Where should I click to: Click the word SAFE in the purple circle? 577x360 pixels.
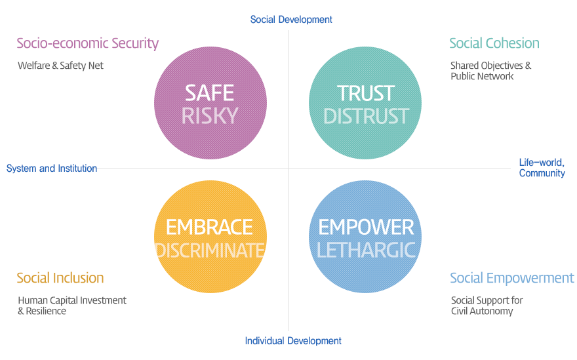click(209, 93)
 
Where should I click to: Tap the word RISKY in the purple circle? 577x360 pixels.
click(210, 116)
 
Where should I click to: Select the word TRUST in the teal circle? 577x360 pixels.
click(366, 94)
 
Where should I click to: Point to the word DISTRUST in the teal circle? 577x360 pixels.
click(366, 116)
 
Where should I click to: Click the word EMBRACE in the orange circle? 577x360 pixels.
click(209, 227)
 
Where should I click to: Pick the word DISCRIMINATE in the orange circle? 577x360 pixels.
click(210, 250)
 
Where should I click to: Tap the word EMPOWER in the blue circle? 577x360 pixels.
click(366, 227)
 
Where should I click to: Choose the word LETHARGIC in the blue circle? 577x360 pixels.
click(366, 250)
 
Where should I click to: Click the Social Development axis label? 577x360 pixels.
click(291, 20)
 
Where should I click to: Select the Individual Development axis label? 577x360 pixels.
click(293, 341)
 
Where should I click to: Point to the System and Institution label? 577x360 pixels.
click(52, 169)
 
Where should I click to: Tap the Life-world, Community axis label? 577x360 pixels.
click(542, 168)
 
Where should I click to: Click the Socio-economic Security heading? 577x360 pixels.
click(88, 43)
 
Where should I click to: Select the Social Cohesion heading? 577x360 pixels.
click(494, 43)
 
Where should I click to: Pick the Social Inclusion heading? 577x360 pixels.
click(60, 278)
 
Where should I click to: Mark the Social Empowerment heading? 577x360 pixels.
click(512, 278)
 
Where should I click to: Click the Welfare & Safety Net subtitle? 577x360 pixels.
click(61, 66)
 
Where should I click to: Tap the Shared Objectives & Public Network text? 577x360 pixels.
click(491, 71)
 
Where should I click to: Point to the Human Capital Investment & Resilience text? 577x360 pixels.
click(72, 306)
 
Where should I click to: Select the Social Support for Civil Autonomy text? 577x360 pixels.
click(487, 306)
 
